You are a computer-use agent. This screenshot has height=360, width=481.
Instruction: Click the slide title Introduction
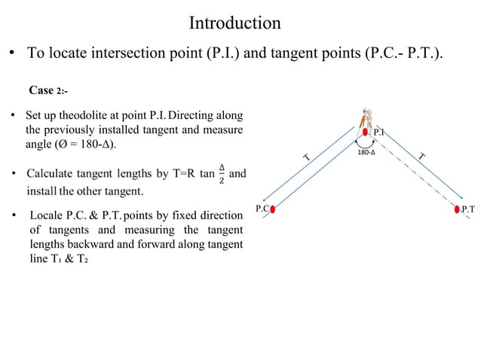[234, 23]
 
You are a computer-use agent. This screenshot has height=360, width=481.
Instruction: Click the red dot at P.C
[274, 209]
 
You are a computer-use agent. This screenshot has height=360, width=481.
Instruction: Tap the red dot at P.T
[458, 209]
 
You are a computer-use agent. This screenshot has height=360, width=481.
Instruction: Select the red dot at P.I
[366, 132]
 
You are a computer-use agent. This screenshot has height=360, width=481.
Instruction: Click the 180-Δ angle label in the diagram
[366, 152]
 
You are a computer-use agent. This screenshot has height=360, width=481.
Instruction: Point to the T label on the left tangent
[307, 157]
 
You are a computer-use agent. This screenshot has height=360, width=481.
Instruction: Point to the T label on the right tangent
[422, 156]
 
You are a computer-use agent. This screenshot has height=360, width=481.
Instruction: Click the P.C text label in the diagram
[262, 208]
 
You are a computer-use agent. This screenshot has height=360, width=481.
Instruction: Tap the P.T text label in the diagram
[469, 209]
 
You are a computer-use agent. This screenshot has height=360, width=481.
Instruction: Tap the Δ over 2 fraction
[221, 174]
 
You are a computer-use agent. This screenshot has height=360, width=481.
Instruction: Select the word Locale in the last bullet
[44, 216]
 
